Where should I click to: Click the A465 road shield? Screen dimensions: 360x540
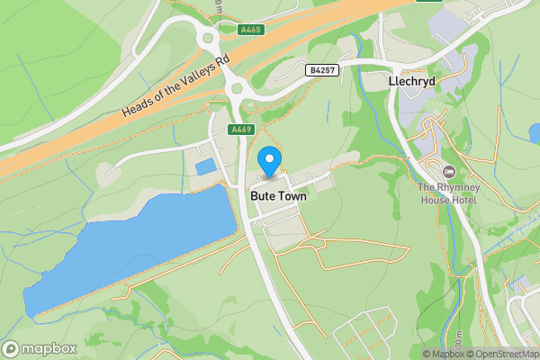click(x=251, y=30)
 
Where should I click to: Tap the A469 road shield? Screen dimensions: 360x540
click(x=240, y=130)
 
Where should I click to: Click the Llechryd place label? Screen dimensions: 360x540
click(x=411, y=81)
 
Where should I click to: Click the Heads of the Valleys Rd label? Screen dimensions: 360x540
click(x=176, y=88)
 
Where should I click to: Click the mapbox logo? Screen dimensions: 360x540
click(x=40, y=349)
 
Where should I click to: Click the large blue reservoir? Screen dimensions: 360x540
click(x=126, y=247)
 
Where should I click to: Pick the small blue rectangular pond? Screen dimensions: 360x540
click(x=206, y=166)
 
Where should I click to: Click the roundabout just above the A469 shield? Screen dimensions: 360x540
click(x=238, y=88)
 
